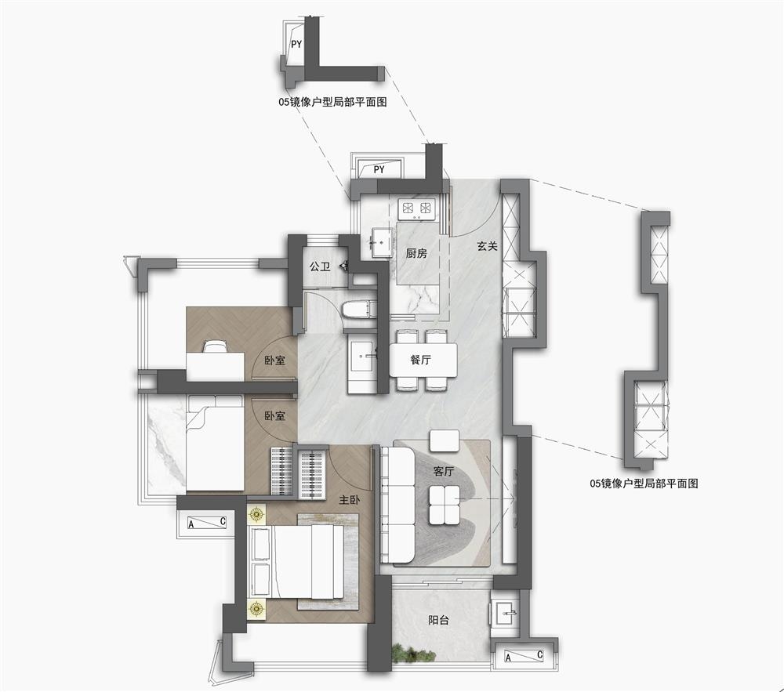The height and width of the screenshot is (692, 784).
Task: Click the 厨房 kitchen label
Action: click(416, 253)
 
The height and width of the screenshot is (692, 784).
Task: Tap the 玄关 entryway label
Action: click(487, 246)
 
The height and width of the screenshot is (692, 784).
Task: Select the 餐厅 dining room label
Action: click(420, 359)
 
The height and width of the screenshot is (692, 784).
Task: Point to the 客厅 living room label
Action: click(444, 471)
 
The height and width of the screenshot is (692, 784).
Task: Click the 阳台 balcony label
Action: click(438, 620)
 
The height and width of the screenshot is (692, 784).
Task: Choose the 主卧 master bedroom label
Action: click(350, 500)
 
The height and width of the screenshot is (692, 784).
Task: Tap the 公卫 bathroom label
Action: click(320, 266)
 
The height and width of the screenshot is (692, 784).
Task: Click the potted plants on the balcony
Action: click(413, 653)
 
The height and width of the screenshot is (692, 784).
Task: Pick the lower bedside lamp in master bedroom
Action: click(257, 609)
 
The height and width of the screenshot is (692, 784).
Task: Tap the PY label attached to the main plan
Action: click(379, 169)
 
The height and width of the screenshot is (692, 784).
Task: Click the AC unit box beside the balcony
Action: click(524, 656)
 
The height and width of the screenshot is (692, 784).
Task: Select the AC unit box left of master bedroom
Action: click(206, 524)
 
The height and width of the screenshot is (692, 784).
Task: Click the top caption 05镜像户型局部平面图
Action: click(332, 103)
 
